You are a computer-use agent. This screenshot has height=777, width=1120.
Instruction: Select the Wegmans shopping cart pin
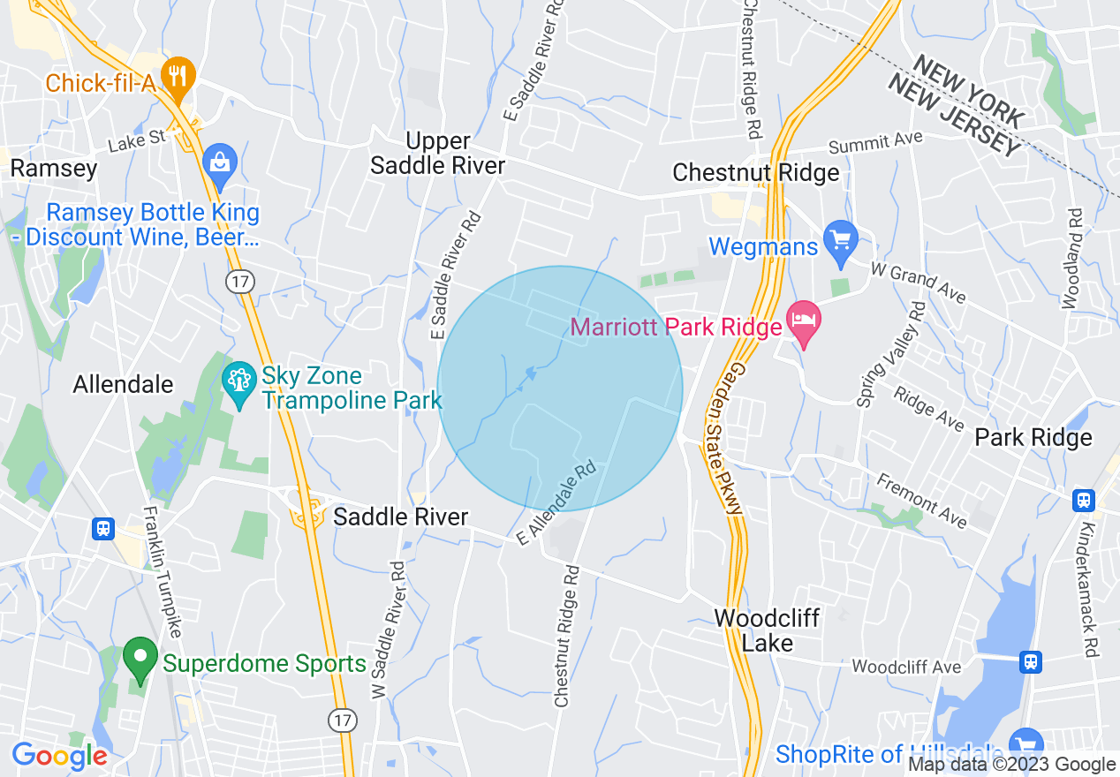(x=840, y=242)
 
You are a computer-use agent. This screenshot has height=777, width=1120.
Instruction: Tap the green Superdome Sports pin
(x=139, y=659)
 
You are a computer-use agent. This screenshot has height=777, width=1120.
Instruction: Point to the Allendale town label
(x=123, y=385)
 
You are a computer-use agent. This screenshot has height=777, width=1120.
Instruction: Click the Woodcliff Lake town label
(x=767, y=630)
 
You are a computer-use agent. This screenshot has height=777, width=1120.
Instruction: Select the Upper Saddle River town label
(x=438, y=153)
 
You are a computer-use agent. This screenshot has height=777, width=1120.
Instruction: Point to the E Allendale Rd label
(x=558, y=500)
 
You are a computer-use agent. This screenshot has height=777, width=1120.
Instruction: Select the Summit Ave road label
(x=875, y=142)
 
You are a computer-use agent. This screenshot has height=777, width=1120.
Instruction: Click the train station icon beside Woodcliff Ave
(x=1030, y=661)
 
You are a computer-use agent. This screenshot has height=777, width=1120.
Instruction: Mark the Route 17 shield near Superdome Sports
(x=343, y=720)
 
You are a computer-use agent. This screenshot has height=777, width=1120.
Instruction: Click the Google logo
(x=59, y=756)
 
